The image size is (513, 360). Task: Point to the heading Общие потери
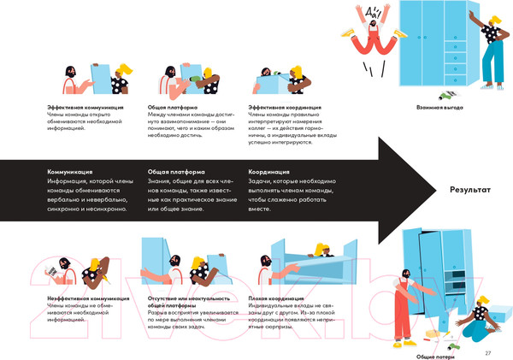pyautogui.click(x=436, y=356)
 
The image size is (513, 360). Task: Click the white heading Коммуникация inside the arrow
pyautogui.click(x=69, y=172)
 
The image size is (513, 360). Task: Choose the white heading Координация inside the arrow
pyautogui.click(x=268, y=172)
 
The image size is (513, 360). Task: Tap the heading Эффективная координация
pyautogui.click(x=285, y=107)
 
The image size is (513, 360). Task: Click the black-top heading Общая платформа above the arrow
pyautogui.click(x=174, y=107)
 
